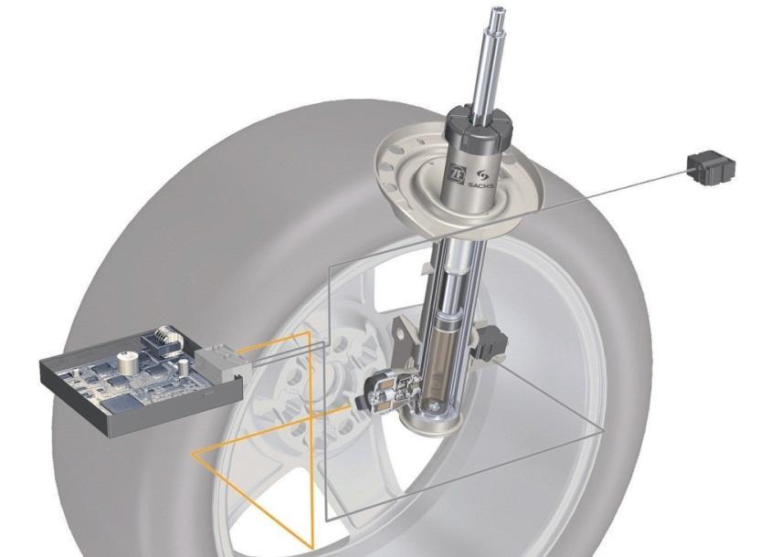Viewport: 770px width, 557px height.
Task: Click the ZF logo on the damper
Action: coord(458,175)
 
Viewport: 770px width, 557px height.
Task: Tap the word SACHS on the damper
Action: coord(480,185)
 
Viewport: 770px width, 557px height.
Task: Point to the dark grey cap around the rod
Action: coord(479,128)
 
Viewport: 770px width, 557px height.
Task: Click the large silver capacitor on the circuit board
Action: coord(128,363)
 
